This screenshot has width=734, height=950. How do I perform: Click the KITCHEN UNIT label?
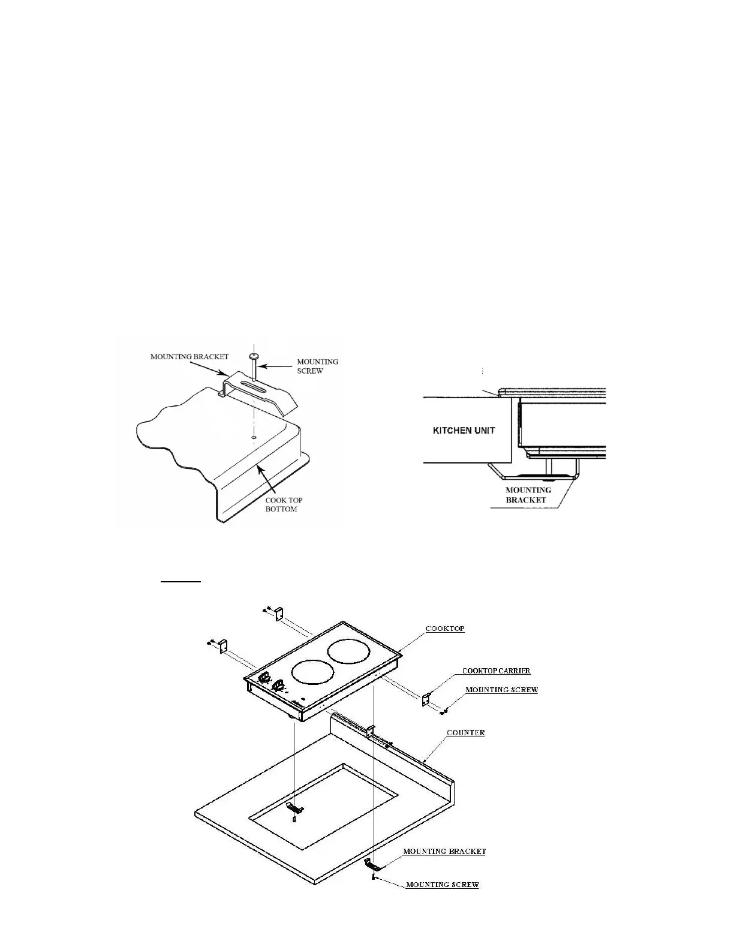pyautogui.click(x=464, y=431)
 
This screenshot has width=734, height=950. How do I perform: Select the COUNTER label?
pyautogui.click(x=466, y=732)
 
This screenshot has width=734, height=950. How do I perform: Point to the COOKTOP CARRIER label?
pyautogui.click(x=496, y=671)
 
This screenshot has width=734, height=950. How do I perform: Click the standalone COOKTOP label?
pyautogui.click(x=445, y=629)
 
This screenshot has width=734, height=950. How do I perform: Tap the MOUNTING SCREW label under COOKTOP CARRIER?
pyautogui.click(x=501, y=690)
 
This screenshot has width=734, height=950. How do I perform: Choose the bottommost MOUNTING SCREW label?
pyautogui.click(x=443, y=884)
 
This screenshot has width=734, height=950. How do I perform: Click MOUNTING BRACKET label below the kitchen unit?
pyautogui.click(x=528, y=495)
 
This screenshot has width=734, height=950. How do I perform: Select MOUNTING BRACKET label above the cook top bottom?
pyautogui.click(x=189, y=356)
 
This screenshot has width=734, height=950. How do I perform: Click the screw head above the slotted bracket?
pyautogui.click(x=254, y=357)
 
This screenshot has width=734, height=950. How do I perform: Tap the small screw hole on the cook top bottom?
pyautogui.click(x=254, y=438)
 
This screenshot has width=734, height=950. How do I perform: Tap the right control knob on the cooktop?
pyautogui.click(x=278, y=685)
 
